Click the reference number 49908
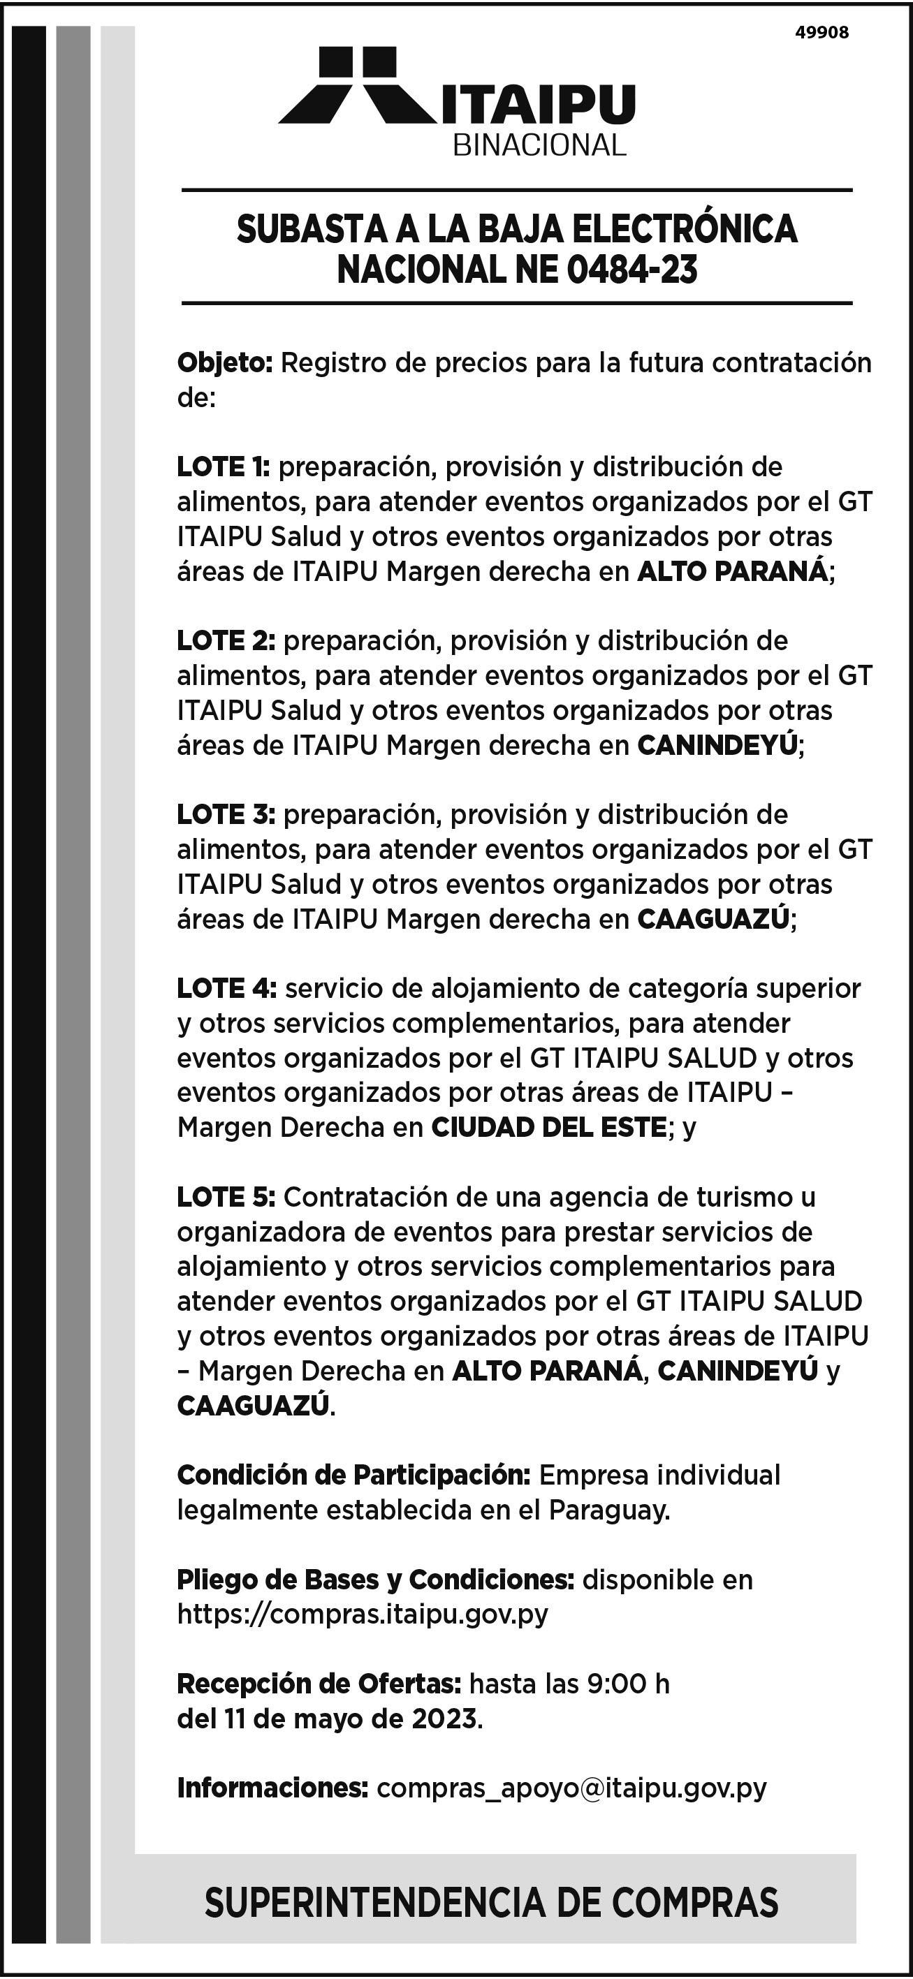pos(821,33)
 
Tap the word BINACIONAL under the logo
pos(539,145)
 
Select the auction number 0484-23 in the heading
pos(632,270)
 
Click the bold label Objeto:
pos(225,362)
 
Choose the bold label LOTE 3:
pos(226,814)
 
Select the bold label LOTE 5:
pos(226,1196)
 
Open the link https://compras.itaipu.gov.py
pos(363,1614)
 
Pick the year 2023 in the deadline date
pos(444,1719)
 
